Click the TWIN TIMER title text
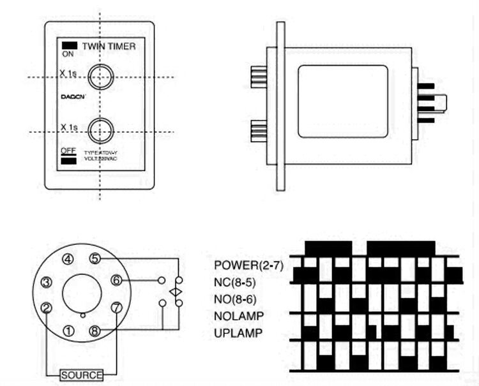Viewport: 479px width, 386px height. tap(109, 46)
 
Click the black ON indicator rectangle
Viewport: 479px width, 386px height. tap(69, 45)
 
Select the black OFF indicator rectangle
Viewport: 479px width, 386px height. tap(69, 161)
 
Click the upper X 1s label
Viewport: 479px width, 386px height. tap(68, 73)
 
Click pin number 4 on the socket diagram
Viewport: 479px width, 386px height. tap(68, 259)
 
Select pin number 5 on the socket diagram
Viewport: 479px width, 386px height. tap(95, 258)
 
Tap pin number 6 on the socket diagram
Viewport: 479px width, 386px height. tap(116, 279)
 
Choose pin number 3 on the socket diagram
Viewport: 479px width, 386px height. tap(46, 283)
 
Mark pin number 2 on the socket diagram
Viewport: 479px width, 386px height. tap(46, 308)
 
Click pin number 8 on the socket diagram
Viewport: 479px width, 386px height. tap(95, 330)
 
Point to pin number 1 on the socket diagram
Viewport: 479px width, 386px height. tap(68, 330)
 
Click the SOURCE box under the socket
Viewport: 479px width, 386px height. tap(81, 375)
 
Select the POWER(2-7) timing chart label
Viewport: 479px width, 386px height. tap(248, 264)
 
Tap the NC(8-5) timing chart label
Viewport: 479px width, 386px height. tap(240, 281)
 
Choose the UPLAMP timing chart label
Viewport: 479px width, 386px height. tap(238, 332)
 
